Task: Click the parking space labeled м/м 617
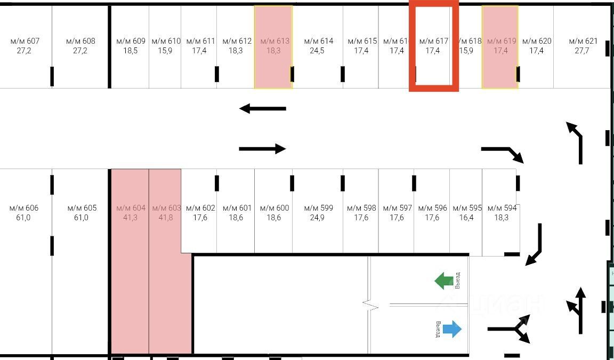pos(433,46)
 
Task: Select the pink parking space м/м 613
pos(273,46)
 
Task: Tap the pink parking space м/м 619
pos(500,46)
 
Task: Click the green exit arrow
pos(443,281)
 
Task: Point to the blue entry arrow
pos(452,329)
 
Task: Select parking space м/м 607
pos(26,46)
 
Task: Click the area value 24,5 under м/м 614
pos(318,51)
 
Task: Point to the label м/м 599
pos(318,208)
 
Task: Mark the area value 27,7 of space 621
pos(583,51)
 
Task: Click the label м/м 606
pos(24,208)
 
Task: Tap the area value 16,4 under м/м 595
pos(467,218)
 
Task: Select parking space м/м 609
pos(130,46)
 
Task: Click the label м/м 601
pos(237,208)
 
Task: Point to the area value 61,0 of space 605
pos(81,218)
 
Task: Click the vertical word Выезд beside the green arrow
pos(457,281)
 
